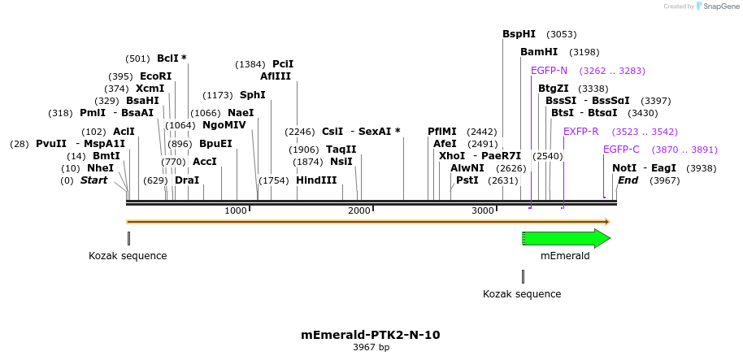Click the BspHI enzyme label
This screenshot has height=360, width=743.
[x=519, y=34]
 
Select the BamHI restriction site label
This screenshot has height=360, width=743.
[x=539, y=52]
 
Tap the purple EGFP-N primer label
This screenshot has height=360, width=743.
[x=549, y=71]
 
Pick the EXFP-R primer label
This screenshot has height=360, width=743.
[x=580, y=132]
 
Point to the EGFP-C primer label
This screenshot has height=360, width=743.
[x=621, y=150]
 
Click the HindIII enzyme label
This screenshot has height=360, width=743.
[x=316, y=180]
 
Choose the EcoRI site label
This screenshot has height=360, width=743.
[x=155, y=76]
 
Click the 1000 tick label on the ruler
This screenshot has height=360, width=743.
[x=236, y=211]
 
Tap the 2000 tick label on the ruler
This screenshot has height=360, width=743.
[x=359, y=211]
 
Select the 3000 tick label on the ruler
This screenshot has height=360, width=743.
[x=483, y=211]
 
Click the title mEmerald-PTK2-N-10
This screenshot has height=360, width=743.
[x=370, y=335]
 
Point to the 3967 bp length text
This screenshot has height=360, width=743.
[x=371, y=348]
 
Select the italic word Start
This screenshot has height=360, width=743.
[x=93, y=180]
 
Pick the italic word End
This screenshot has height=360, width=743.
[x=628, y=180]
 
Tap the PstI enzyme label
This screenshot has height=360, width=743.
[x=467, y=180]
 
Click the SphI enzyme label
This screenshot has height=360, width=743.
[x=252, y=95]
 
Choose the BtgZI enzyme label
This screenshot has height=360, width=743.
[x=553, y=89]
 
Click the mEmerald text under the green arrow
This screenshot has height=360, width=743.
[x=564, y=256]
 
